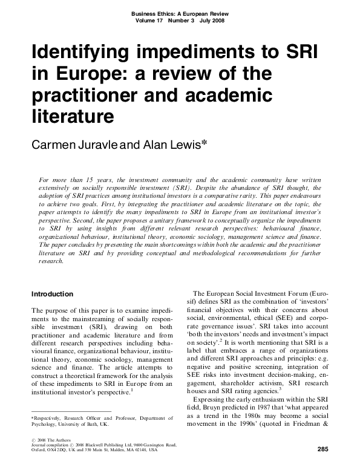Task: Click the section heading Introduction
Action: (x=52, y=294)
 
